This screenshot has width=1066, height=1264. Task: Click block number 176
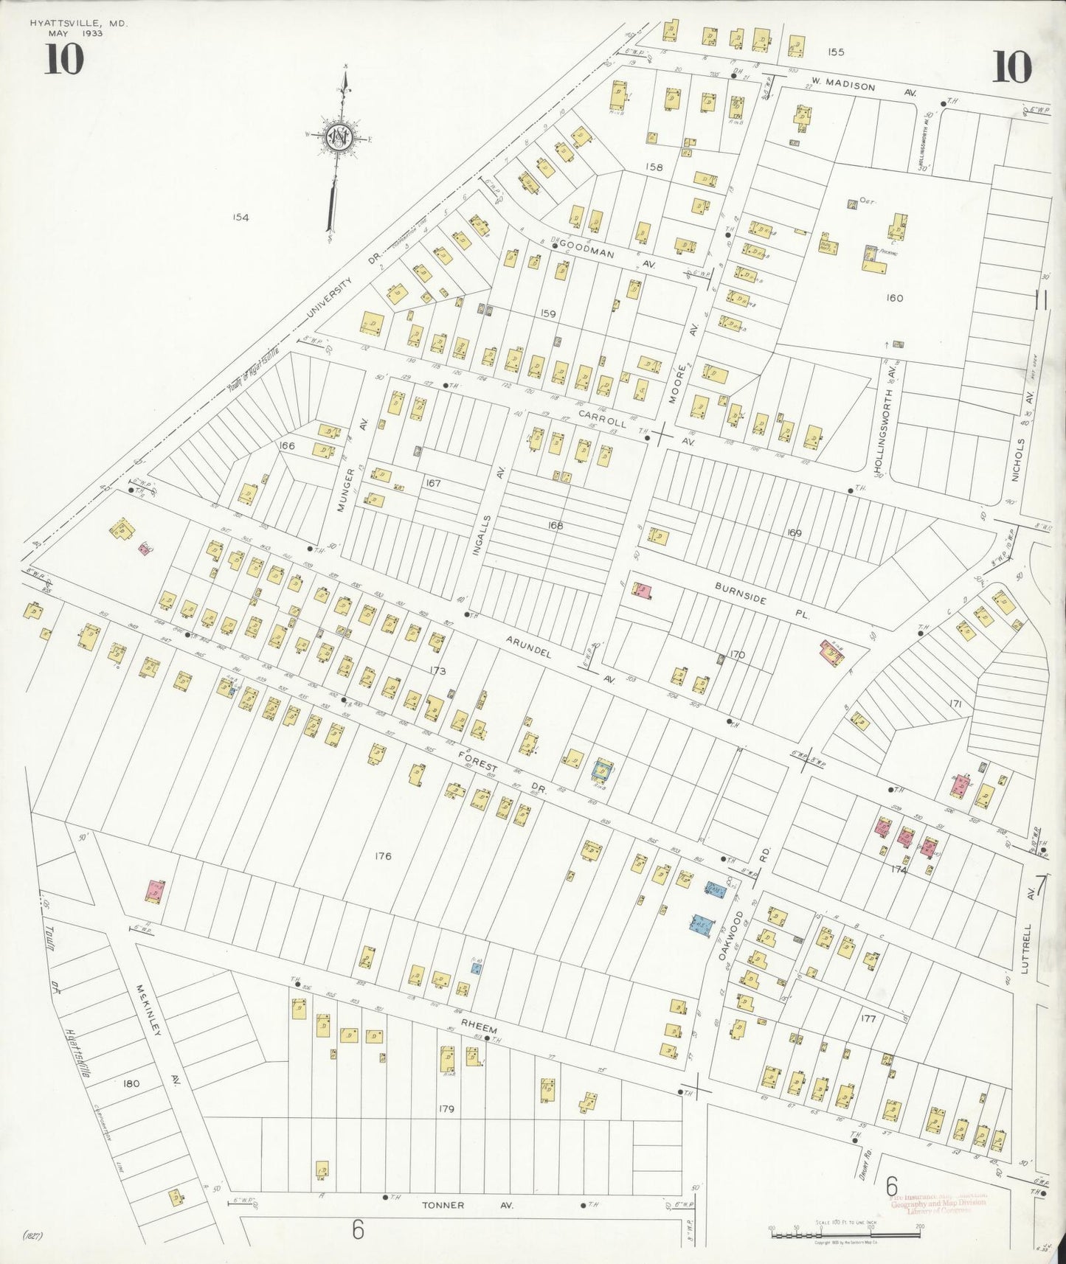point(382,856)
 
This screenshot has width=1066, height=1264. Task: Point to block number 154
point(240,217)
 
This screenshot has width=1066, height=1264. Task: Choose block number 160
point(894,298)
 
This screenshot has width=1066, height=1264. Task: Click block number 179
point(445,1108)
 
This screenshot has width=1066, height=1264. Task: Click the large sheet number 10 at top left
point(63,60)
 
